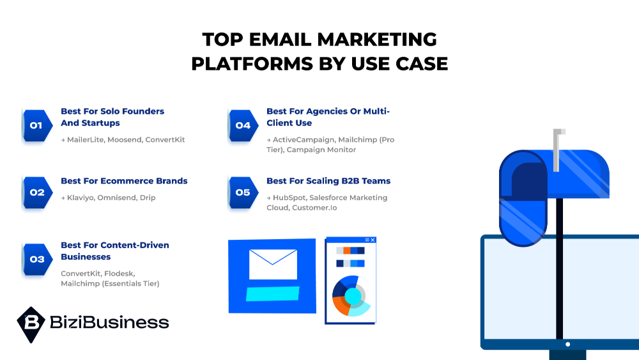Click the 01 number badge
[36, 125]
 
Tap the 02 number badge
[36, 192]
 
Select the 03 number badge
[36, 259]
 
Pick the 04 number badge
[242, 125]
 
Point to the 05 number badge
[242, 192]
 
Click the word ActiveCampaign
[302, 139]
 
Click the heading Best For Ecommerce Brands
[124, 181]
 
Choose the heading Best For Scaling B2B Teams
[328, 181]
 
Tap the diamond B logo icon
[31, 324]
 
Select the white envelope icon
[273, 264]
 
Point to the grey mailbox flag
[558, 149]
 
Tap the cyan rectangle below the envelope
[273, 293]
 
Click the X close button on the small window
[373, 240]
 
